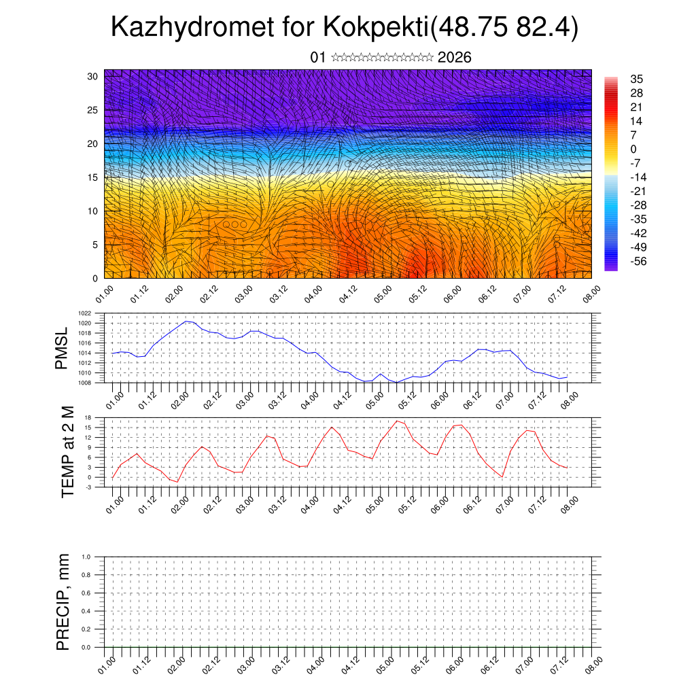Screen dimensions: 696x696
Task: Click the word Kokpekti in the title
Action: tap(376, 28)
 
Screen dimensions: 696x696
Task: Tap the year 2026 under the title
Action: tap(455, 58)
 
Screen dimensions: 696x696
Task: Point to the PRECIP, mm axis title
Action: tap(63, 602)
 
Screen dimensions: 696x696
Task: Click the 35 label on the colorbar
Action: tap(637, 79)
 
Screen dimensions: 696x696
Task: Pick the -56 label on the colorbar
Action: tap(638, 260)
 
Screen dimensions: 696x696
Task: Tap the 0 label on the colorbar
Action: tap(633, 149)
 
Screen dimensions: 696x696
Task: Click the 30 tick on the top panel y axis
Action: tap(93, 76)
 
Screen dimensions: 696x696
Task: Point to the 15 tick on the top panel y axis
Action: tap(93, 177)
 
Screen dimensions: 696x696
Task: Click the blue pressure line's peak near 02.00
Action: tap(186, 321)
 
